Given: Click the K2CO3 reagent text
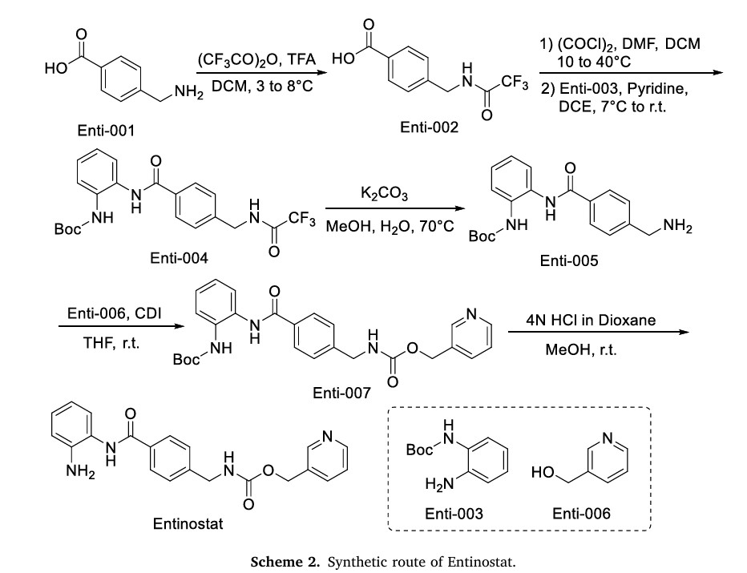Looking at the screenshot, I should click(390, 196).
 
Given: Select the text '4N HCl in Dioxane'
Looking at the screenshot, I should click(592, 320).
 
